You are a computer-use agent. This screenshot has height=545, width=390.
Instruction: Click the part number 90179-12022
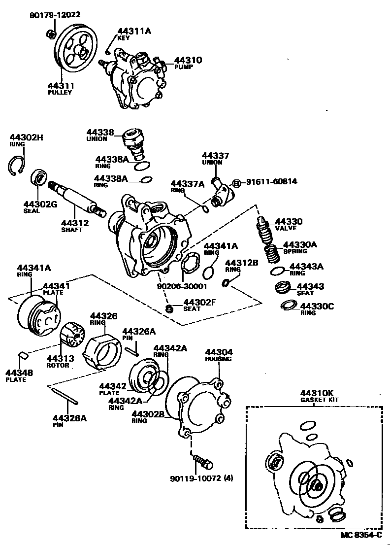point(54,15)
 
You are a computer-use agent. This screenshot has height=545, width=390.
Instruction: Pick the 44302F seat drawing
point(170,308)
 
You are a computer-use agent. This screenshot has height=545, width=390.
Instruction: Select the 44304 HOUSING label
point(219,355)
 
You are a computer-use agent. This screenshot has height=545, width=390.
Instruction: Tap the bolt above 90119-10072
point(203,461)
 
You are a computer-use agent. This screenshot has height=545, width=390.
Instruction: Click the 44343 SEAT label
point(310,289)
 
